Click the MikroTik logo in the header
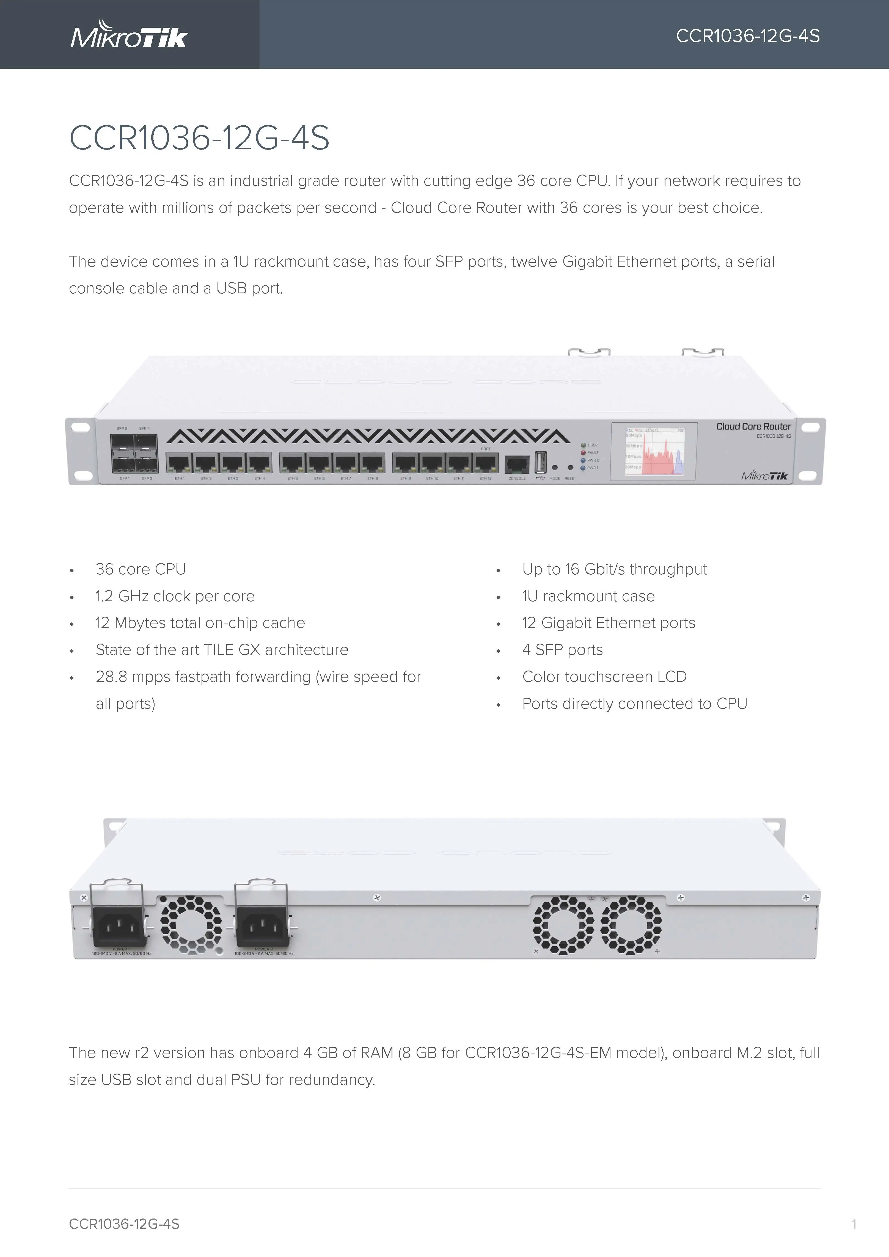[129, 35]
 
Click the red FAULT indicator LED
[584, 453]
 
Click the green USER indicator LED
[584, 445]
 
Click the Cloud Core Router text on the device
[753, 426]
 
